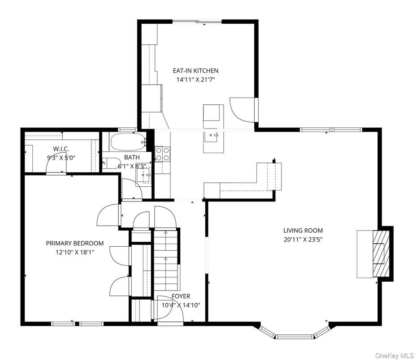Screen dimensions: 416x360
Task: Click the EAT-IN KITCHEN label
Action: pyautogui.click(x=195, y=71)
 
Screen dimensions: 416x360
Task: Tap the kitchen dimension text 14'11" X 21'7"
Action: pyautogui.click(x=195, y=80)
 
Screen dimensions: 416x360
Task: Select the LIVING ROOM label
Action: pyautogui.click(x=303, y=231)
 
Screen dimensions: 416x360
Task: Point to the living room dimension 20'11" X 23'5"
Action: pyautogui.click(x=303, y=240)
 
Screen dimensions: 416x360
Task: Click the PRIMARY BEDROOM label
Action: pyautogui.click(x=75, y=243)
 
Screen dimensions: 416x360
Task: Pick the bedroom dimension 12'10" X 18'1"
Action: pyautogui.click(x=75, y=252)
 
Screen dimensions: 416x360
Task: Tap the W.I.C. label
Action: pyautogui.click(x=61, y=149)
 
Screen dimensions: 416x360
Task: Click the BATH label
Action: pyautogui.click(x=132, y=157)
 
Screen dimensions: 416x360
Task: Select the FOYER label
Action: pyautogui.click(x=181, y=296)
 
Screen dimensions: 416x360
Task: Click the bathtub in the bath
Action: pyautogui.click(x=128, y=142)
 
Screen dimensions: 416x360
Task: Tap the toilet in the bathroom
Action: pyautogui.click(x=112, y=163)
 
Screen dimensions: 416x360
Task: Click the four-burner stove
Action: pyautogui.click(x=162, y=154)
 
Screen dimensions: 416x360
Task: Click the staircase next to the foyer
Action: pyautogui.click(x=166, y=260)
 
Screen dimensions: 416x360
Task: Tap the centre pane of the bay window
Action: pyautogui.click(x=294, y=337)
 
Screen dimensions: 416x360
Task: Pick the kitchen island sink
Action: pyautogui.click(x=213, y=135)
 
